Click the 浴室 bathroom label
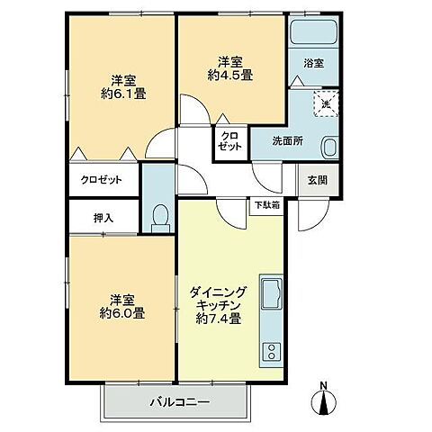click(313, 65)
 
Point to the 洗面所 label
click(290, 140)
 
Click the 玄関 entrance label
click(317, 179)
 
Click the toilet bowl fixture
click(159, 215)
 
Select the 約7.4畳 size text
click(219, 319)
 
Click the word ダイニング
click(220, 292)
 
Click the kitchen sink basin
click(272, 293)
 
